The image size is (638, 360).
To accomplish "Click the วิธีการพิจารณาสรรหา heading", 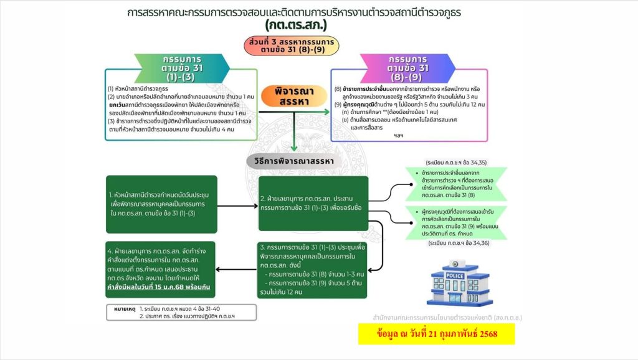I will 294,161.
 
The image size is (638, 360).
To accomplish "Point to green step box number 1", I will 161,204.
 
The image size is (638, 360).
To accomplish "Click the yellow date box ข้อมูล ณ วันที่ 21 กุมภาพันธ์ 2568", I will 437,334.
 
